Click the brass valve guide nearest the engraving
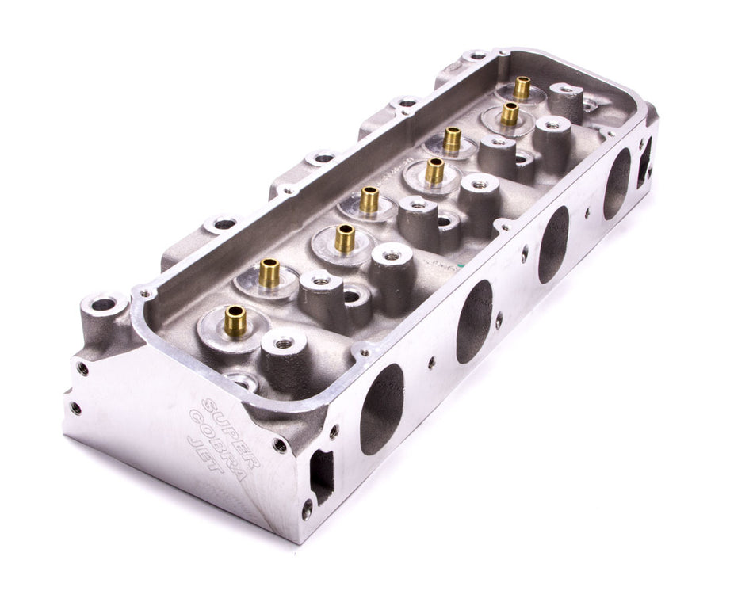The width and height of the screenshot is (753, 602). coord(235,321)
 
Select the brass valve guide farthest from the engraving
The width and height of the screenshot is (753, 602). coord(522,87)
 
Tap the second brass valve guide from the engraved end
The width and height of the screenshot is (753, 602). coord(269,273)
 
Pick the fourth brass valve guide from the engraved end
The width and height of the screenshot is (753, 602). coord(369,200)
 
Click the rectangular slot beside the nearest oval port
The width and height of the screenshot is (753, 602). coord(321,475)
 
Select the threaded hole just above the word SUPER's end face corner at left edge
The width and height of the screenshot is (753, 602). coord(81,368)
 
